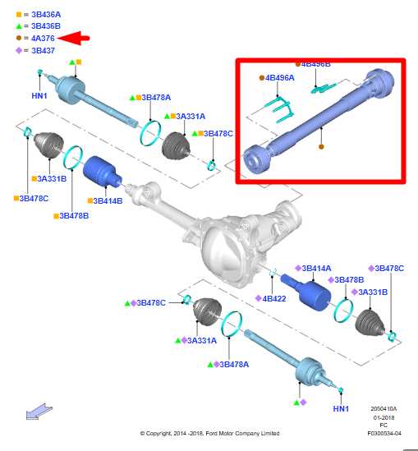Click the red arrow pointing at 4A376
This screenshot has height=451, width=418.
[x=74, y=38]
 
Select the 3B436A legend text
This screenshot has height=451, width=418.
[x=46, y=15]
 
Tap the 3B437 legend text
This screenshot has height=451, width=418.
[x=43, y=51]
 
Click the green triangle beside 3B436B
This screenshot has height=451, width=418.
[x=19, y=26]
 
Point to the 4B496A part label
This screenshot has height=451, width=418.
[x=280, y=78]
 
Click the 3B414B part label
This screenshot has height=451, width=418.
[x=108, y=200]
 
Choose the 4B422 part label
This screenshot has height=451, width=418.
[x=274, y=298]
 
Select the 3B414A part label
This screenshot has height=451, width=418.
[x=316, y=268]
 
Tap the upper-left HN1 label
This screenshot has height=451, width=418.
[x=39, y=95]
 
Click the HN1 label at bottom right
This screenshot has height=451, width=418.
[x=341, y=408]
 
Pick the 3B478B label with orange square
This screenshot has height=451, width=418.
[x=74, y=216]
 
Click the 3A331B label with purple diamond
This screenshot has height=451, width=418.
[x=373, y=292]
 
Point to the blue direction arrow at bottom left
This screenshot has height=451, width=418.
[x=39, y=412]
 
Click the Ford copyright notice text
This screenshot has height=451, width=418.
[x=209, y=433]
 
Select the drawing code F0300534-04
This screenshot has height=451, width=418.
[x=384, y=433]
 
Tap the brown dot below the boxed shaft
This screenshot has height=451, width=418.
[x=321, y=147]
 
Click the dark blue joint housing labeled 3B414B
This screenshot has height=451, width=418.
[x=103, y=173]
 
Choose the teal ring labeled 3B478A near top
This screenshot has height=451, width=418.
[x=150, y=133]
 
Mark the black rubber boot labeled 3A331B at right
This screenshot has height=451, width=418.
[x=370, y=322]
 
